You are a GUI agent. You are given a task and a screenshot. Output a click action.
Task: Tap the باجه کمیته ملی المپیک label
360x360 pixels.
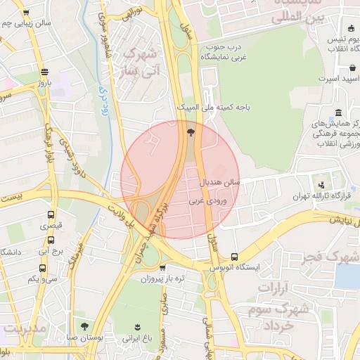(213, 108)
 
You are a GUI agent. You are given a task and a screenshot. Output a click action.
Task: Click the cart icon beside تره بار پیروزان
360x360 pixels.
(164, 268)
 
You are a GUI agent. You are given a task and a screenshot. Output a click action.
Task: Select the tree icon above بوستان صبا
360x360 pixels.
(85, 326)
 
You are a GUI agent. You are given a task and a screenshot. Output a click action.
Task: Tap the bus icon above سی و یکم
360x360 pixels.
(42, 268)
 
